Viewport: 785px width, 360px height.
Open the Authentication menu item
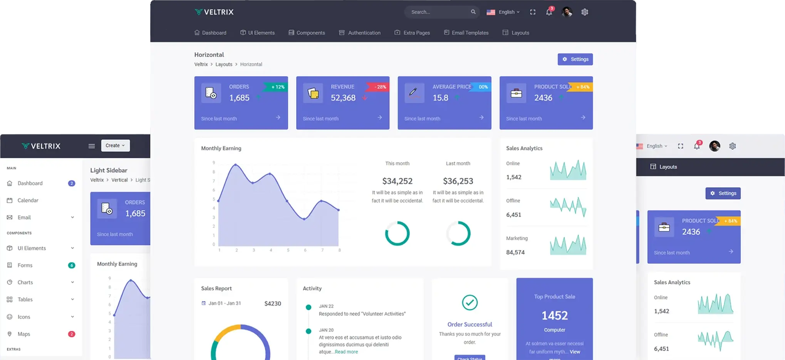(x=364, y=33)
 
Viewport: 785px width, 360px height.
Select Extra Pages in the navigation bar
(x=416, y=33)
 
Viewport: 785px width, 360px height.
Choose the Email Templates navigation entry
(x=470, y=33)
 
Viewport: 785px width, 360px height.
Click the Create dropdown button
(x=115, y=146)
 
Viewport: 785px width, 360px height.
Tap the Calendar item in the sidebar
(x=28, y=200)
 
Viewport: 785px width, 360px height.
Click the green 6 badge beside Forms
(x=72, y=265)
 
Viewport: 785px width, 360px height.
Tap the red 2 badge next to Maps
(x=72, y=334)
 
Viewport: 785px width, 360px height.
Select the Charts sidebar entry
(x=25, y=282)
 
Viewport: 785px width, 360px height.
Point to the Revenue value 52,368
(x=343, y=98)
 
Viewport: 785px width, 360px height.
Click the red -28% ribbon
(x=379, y=87)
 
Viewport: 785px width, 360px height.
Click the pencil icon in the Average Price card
(x=413, y=92)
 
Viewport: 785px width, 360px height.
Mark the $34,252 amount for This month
(x=397, y=181)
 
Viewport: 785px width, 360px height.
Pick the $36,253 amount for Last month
(x=458, y=181)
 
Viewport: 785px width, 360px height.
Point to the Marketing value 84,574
(x=515, y=252)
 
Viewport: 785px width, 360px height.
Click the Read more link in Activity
(x=346, y=352)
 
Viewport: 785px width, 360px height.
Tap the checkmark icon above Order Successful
(x=470, y=302)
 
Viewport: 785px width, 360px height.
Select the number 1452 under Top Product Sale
(x=554, y=316)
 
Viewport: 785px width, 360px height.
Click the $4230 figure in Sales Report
(x=273, y=303)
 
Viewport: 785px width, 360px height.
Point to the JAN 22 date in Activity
(x=326, y=306)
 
